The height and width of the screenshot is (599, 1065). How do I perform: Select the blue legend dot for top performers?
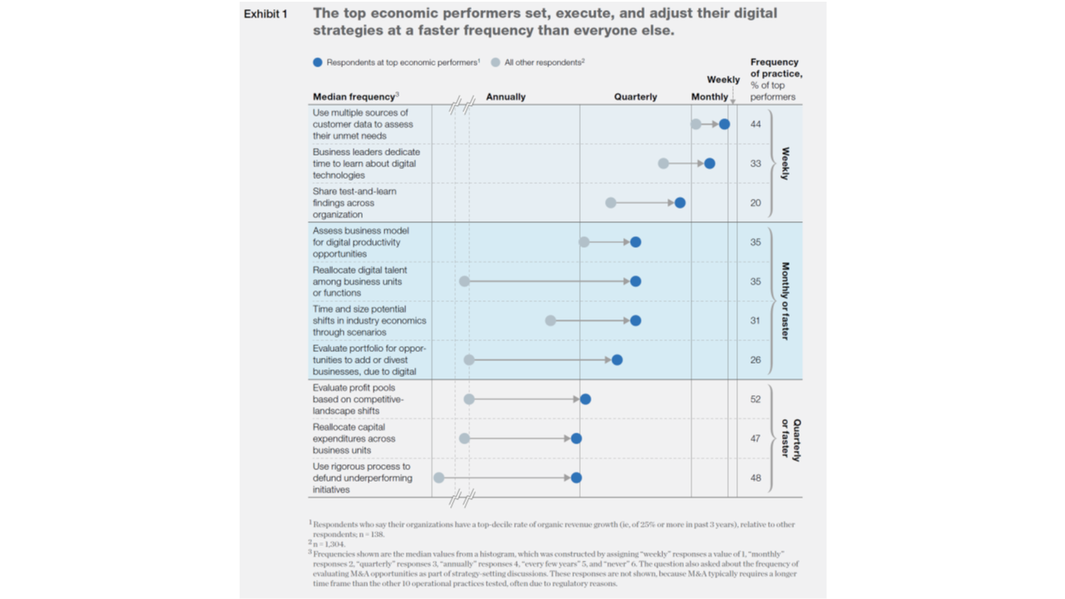point(317,62)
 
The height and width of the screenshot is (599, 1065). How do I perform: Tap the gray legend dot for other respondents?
point(496,62)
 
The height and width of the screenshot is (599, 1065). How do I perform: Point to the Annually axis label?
point(506,97)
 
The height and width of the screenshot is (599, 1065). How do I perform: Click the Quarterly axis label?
point(636,97)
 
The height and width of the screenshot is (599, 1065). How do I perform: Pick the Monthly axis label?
point(710,97)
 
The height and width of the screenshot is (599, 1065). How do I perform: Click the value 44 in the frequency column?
point(755,124)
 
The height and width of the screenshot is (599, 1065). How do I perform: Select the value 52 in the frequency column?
point(755,399)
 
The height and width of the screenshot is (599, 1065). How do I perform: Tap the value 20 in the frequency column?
point(755,203)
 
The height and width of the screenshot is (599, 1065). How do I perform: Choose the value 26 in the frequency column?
point(755,360)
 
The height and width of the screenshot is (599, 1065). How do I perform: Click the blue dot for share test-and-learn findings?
point(680,203)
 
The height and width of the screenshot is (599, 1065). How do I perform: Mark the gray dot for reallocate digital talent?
point(464,281)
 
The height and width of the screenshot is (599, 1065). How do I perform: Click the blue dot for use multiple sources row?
point(725,124)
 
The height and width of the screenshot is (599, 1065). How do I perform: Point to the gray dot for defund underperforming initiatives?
point(438,478)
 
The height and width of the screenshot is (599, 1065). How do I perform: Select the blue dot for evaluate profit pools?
point(585,399)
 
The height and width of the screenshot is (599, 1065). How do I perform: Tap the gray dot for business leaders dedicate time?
point(663,164)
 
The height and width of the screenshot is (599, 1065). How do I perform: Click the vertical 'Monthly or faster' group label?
point(785,300)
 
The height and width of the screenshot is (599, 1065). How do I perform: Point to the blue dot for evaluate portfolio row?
point(617,360)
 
